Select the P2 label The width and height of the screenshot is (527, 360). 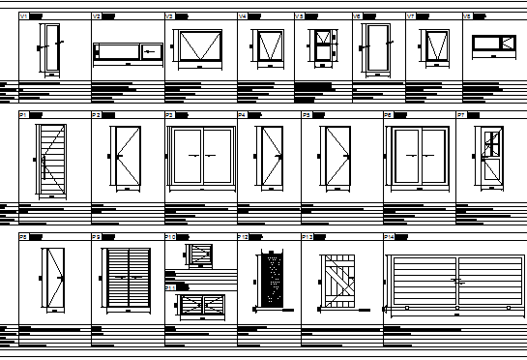(x=96, y=115)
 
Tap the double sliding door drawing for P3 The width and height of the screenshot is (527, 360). (x=201, y=154)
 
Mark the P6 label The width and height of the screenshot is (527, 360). (x=388, y=115)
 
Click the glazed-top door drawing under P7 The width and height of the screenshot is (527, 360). (x=491, y=155)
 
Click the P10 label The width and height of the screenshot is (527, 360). (x=169, y=236)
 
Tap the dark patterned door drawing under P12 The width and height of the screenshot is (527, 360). (x=272, y=281)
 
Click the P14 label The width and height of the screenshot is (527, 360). (x=389, y=236)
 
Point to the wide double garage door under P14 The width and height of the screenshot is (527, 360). (x=455, y=281)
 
